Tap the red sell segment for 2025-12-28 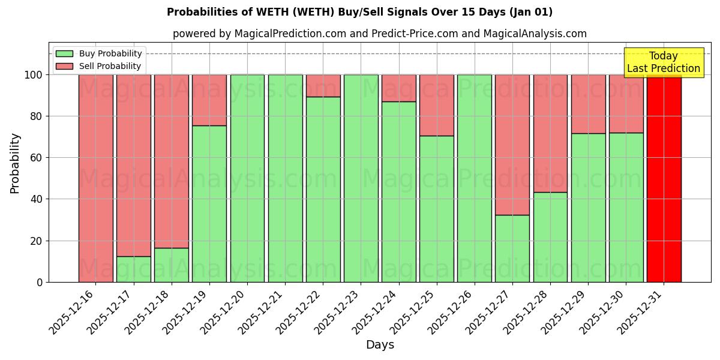tap(550, 133)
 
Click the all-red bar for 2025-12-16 tap(96, 178)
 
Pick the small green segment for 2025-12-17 tap(134, 269)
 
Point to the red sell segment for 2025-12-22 tap(323, 86)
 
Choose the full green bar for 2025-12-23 tap(361, 178)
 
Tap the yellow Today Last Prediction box tap(664, 62)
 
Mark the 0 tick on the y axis tap(41, 282)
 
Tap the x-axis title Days tap(380, 345)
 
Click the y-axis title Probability tap(15, 163)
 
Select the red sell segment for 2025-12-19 tap(209, 100)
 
